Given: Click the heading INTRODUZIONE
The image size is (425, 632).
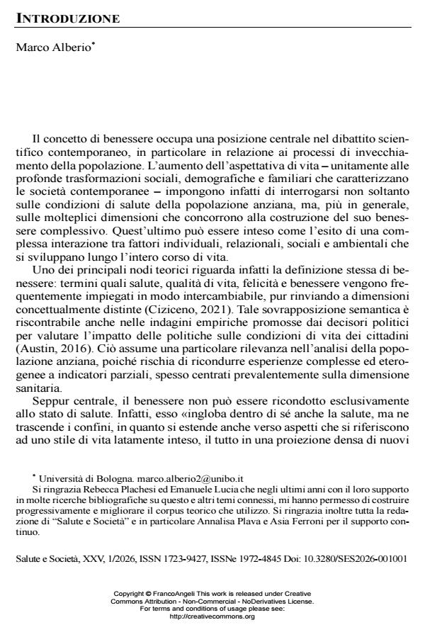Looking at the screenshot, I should click(67, 18).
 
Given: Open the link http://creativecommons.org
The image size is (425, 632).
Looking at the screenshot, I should click(212, 616).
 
